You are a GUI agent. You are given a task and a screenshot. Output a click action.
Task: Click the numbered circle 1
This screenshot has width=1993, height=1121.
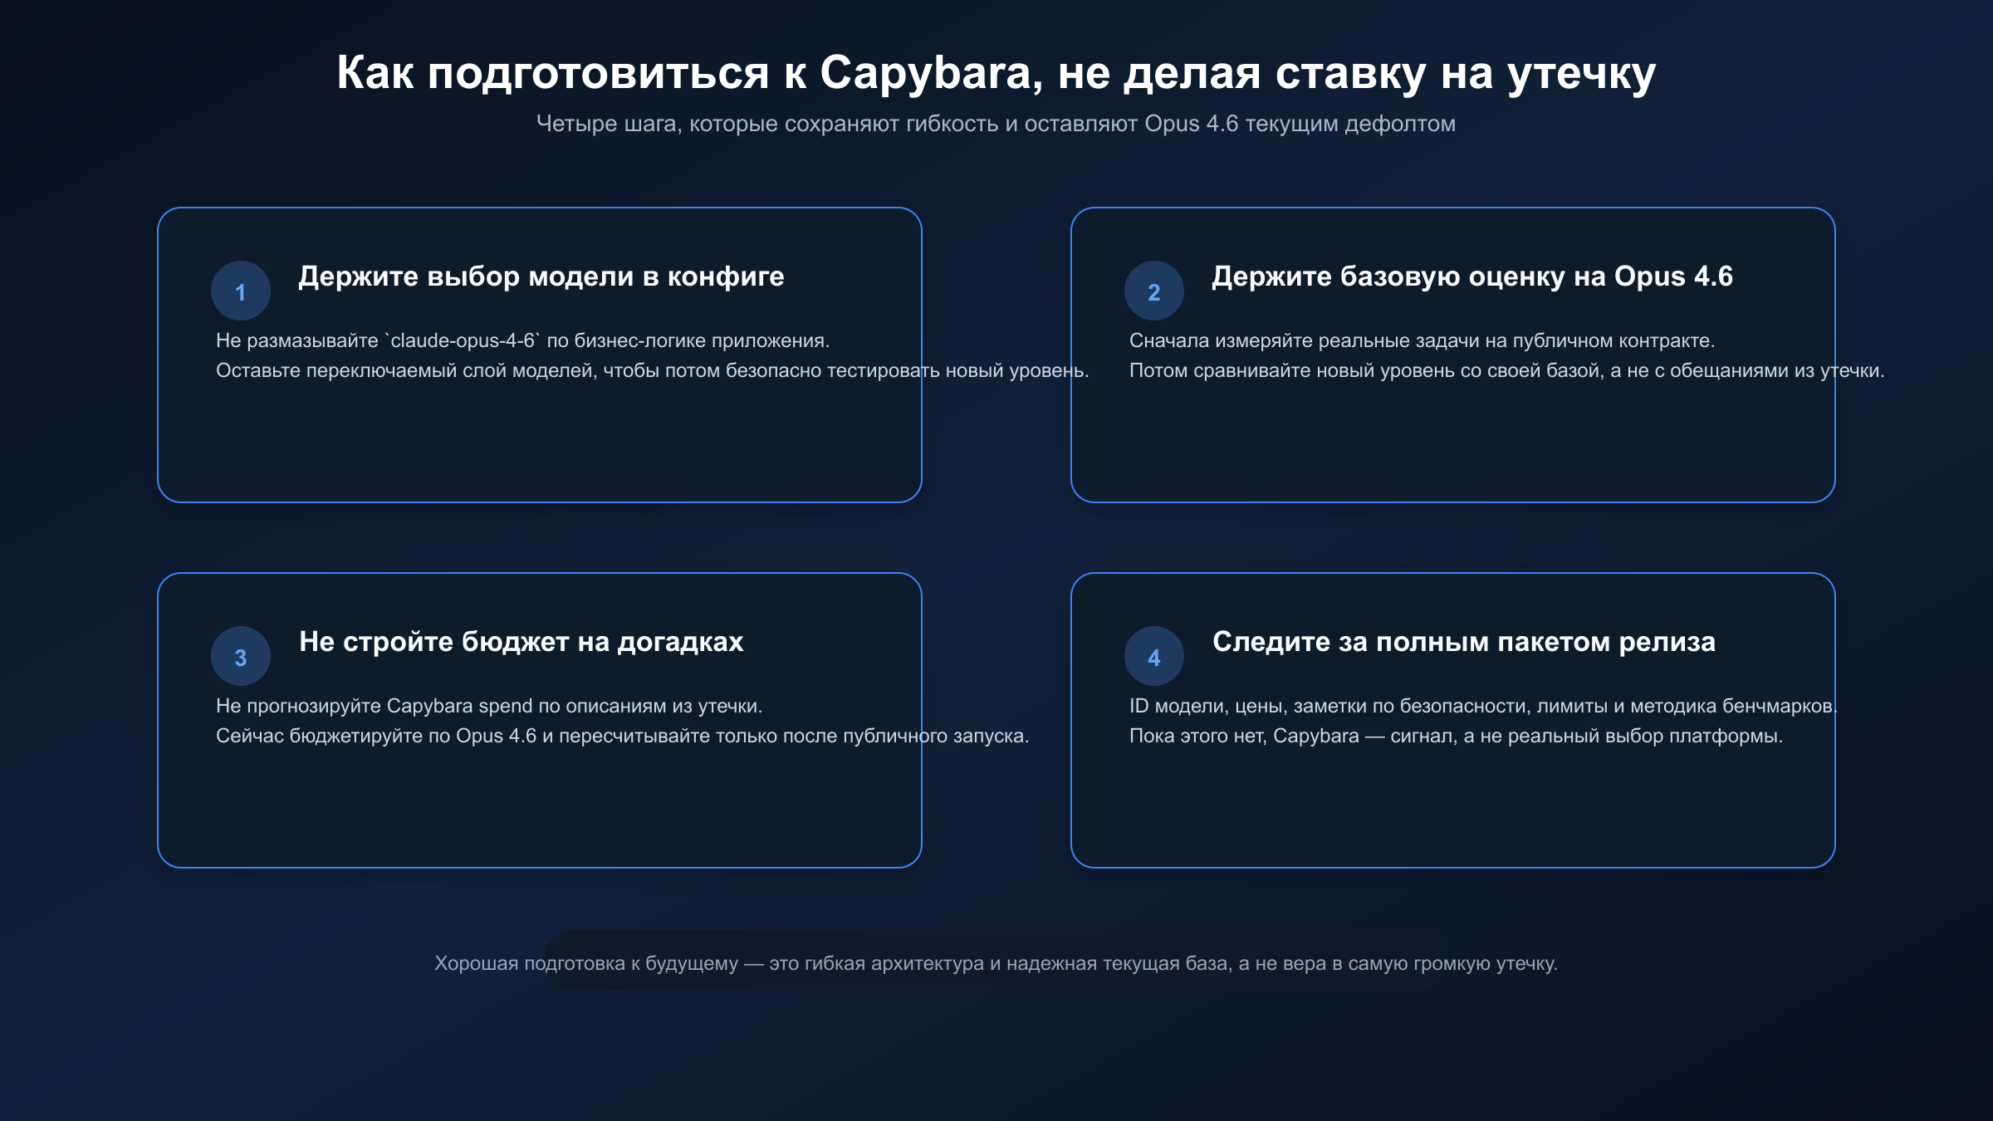(x=241, y=291)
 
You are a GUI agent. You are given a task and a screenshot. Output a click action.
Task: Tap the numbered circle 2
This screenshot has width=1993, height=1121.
(x=1154, y=291)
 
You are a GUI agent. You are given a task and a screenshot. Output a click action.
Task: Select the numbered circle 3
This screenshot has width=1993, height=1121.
(x=241, y=657)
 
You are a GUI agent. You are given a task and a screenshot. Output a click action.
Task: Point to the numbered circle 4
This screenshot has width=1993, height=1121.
(x=1154, y=657)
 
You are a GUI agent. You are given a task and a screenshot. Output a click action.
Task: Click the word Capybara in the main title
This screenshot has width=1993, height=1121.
(x=925, y=73)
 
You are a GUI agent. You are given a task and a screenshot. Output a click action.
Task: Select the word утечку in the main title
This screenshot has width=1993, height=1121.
(x=1581, y=73)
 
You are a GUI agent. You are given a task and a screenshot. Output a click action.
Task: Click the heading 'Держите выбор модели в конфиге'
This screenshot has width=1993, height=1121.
(x=541, y=277)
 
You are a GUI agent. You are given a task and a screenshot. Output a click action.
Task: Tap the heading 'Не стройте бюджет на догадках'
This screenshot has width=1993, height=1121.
(x=522, y=642)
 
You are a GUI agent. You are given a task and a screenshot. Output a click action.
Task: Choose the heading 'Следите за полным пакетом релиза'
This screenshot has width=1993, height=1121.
(x=1464, y=642)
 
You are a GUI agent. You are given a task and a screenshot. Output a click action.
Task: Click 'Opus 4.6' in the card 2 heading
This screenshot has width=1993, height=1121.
(x=1673, y=277)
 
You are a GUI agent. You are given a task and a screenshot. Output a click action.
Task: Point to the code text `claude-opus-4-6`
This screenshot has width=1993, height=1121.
(x=463, y=340)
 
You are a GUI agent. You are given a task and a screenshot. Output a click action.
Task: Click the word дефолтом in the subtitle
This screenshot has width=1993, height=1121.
(x=1400, y=124)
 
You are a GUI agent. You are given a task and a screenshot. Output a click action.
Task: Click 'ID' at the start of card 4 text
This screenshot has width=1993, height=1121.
(x=1139, y=706)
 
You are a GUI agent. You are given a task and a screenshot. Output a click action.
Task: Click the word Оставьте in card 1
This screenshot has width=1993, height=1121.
(x=257, y=370)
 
